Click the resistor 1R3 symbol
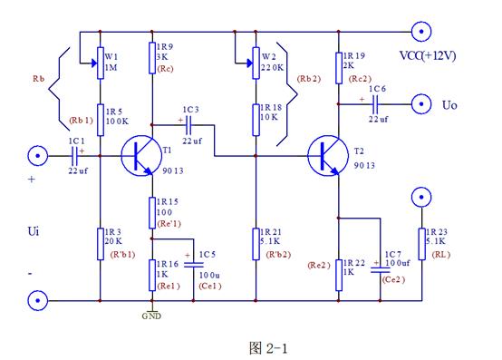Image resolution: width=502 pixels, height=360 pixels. point(97,244)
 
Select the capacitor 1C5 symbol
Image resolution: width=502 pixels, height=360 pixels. point(191,264)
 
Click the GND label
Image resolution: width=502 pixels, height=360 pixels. point(150,317)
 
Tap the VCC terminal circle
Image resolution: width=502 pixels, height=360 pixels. point(420,33)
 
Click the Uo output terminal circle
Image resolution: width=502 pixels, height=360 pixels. point(420,102)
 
